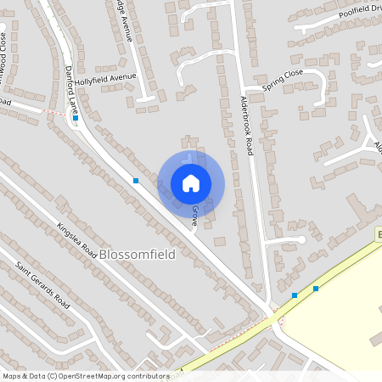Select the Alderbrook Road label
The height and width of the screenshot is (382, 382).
(247, 125)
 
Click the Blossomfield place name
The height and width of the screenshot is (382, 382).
(136, 254)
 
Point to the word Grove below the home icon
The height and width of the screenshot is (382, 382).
(194, 214)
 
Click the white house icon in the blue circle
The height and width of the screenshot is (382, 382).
(191, 183)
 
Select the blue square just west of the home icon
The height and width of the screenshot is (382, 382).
(135, 181)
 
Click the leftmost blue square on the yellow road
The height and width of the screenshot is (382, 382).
(295, 295)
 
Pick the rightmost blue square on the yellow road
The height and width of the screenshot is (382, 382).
(316, 289)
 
